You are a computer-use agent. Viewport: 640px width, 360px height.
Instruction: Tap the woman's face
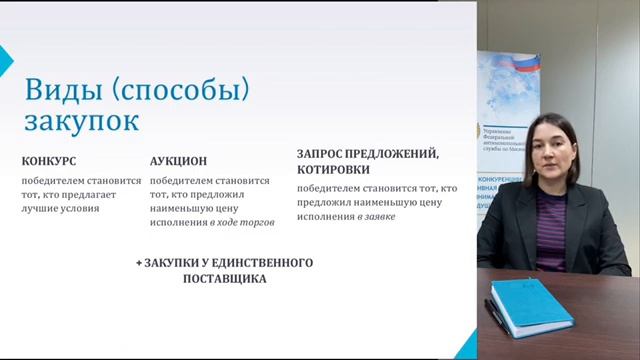[x=555, y=151]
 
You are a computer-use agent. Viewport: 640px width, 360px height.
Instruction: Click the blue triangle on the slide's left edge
[x=5, y=55]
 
